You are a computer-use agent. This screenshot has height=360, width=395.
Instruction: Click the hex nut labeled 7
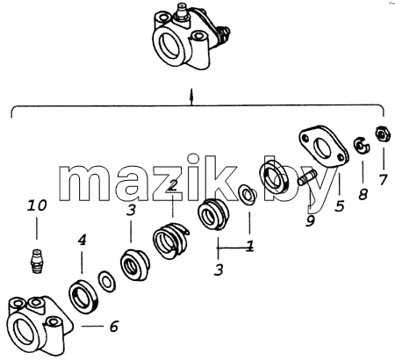click(383, 134)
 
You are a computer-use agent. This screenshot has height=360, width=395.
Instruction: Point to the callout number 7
click(383, 179)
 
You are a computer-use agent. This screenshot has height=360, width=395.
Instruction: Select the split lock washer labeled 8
click(362, 145)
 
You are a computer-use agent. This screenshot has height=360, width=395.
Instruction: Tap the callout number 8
click(363, 193)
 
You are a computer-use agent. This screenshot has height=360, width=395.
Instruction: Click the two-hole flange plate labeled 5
click(324, 147)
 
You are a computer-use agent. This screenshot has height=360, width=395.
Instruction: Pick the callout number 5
click(340, 206)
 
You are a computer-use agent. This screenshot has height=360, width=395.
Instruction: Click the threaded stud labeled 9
click(307, 178)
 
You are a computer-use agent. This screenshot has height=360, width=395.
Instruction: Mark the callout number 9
click(310, 220)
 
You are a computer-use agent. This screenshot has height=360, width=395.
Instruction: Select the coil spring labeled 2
click(170, 241)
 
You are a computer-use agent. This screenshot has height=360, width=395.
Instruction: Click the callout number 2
click(173, 185)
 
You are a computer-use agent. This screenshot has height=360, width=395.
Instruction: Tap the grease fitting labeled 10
click(36, 261)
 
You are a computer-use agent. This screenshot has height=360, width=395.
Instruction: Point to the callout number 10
click(37, 205)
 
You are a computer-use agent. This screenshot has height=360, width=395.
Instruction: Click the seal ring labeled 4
click(84, 295)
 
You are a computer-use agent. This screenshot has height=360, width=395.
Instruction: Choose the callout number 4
click(83, 240)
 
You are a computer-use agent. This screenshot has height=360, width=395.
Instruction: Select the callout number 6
click(114, 327)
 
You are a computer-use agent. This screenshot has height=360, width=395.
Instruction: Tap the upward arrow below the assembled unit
click(191, 97)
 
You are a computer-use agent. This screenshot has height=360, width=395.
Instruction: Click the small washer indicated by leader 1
click(248, 195)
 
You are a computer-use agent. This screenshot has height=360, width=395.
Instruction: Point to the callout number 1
click(250, 246)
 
